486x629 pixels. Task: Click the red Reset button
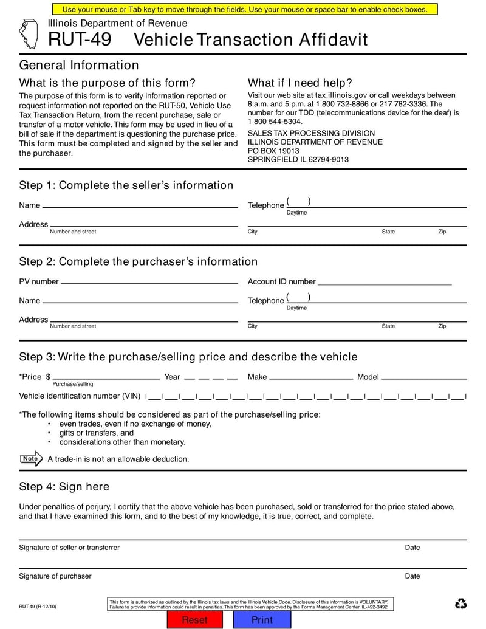[x=195, y=620]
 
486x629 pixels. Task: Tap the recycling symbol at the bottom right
[x=460, y=603]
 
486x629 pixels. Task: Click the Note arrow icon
[x=31, y=459]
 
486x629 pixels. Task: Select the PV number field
[x=149, y=281]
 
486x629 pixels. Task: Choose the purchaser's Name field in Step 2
[x=140, y=300]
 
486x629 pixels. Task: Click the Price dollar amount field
[x=106, y=376]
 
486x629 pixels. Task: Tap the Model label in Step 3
[x=368, y=377]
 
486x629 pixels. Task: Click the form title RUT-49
[x=80, y=40]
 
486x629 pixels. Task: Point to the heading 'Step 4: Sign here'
[x=64, y=486]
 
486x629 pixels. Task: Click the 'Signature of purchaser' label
[x=55, y=576]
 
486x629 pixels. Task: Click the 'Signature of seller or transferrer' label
[x=69, y=548]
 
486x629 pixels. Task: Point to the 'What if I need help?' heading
[x=300, y=83]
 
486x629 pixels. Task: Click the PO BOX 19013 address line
[x=273, y=151]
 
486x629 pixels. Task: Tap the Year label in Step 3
[x=172, y=377]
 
